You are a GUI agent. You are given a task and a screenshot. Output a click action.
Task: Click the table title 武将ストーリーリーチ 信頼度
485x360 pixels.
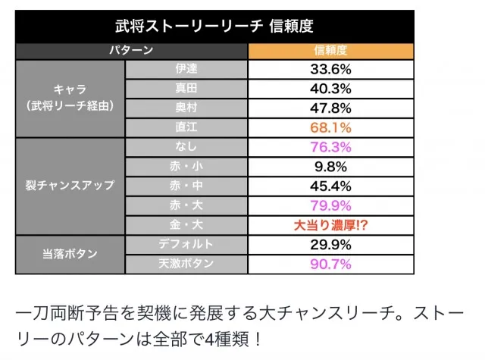(x=214, y=26)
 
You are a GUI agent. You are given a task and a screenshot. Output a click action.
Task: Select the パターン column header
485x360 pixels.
(x=131, y=50)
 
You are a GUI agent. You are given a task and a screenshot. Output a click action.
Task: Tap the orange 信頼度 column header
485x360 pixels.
(x=330, y=50)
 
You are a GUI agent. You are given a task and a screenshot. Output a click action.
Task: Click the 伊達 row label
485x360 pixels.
(x=186, y=69)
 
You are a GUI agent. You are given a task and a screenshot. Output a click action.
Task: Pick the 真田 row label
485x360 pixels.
(x=186, y=88)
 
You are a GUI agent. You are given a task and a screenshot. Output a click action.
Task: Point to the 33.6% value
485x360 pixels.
(x=330, y=69)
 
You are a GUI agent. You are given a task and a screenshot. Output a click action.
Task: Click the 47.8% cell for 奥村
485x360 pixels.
(x=330, y=108)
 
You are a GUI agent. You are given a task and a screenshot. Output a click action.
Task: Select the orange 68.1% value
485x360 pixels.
(x=330, y=127)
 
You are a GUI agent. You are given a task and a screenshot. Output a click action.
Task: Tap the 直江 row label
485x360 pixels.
(x=186, y=127)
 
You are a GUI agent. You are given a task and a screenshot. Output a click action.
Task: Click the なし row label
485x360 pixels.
(x=186, y=146)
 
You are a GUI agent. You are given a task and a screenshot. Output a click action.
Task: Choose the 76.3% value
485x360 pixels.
(x=330, y=147)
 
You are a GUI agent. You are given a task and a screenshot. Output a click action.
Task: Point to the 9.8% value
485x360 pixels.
(x=330, y=167)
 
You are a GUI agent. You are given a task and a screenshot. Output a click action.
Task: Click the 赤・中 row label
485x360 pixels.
(x=186, y=186)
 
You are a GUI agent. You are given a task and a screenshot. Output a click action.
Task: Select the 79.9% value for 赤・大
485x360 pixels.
(x=330, y=205)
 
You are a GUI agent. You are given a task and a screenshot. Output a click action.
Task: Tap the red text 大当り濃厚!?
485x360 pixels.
(x=330, y=225)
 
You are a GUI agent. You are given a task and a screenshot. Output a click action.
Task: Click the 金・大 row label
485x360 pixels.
(x=186, y=224)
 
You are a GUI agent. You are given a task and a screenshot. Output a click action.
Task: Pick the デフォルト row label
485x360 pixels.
(x=186, y=244)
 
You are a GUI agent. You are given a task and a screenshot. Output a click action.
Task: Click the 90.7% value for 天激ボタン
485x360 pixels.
(x=330, y=264)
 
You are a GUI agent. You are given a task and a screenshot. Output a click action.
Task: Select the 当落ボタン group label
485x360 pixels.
(x=70, y=254)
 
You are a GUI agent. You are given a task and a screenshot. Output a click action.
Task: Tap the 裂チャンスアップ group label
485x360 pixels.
(x=70, y=185)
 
